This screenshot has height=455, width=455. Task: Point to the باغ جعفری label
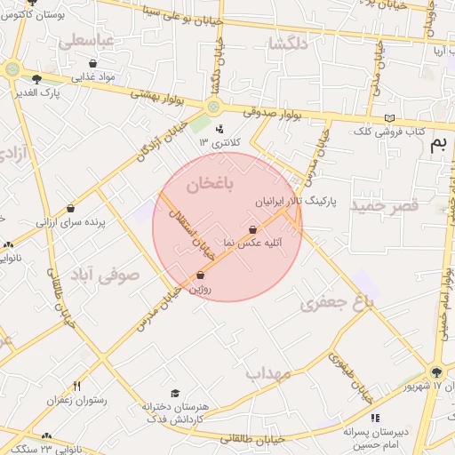(339, 303)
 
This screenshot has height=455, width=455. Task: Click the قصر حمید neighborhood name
(383, 205)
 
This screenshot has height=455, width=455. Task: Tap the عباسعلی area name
(86, 41)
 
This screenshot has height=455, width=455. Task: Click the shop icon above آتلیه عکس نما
(254, 229)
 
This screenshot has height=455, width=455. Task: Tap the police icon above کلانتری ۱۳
(220, 129)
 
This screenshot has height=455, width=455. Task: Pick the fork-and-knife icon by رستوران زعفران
(76, 386)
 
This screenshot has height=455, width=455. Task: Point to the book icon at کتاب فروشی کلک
(388, 118)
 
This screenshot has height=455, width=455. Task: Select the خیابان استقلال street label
(194, 233)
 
